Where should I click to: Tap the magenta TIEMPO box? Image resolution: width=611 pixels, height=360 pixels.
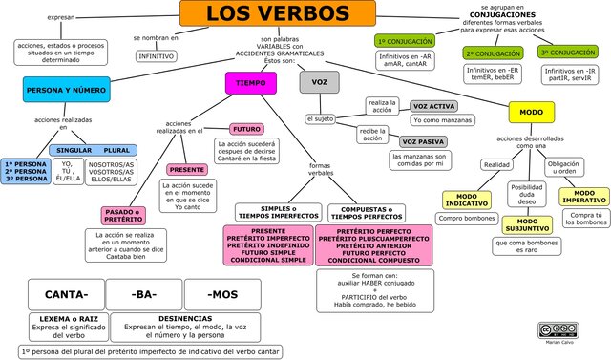point(250,83)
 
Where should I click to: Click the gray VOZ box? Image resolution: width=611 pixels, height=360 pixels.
point(320,83)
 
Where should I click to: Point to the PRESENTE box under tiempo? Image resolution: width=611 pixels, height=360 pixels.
point(186,169)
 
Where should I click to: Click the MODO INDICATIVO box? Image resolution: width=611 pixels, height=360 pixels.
point(466,200)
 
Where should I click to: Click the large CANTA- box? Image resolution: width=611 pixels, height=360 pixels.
point(66,292)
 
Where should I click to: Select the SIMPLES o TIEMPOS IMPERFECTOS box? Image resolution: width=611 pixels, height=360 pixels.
point(279,212)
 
